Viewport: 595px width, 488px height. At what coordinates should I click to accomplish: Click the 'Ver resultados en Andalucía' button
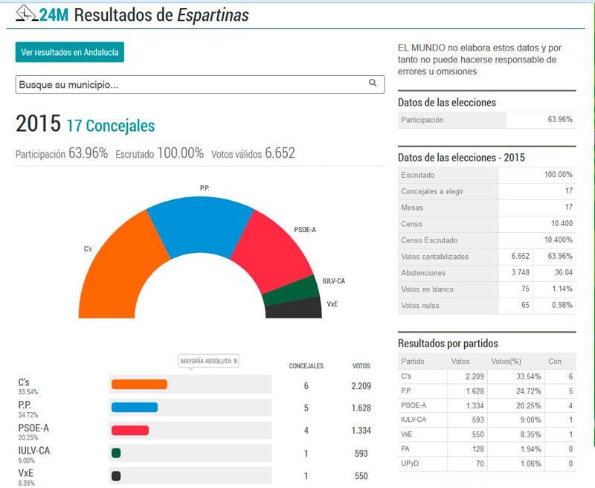click(70, 52)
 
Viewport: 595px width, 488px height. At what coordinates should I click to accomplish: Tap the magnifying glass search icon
click(373, 83)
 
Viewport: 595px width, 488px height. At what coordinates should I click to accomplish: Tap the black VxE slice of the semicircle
click(294, 308)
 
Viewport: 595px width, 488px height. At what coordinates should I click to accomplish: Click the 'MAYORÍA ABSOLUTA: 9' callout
click(209, 362)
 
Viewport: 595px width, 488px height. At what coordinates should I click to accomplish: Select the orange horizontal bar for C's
click(139, 385)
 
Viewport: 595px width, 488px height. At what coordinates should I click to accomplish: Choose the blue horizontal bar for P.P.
click(135, 407)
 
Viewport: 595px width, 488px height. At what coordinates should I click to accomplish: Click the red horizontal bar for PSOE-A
click(130, 430)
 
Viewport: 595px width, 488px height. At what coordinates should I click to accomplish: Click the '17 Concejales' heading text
click(111, 126)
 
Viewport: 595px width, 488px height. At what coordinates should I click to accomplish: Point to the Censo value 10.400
click(559, 223)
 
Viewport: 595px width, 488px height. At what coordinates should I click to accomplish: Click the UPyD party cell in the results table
click(411, 464)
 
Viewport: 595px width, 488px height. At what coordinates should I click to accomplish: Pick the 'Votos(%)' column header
click(506, 361)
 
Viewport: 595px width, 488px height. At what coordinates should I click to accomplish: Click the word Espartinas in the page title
click(213, 15)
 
